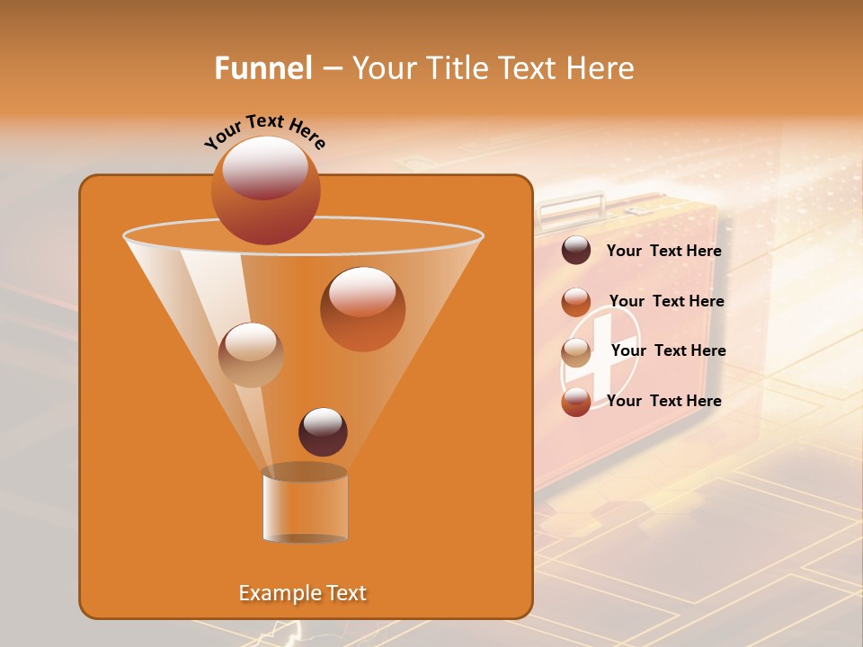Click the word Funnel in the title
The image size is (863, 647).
pyautogui.click(x=263, y=68)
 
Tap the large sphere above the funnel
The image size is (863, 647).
pyautogui.click(x=265, y=190)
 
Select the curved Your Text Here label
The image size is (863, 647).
pyautogui.click(x=264, y=129)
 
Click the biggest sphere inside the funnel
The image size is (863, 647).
pyautogui.click(x=362, y=309)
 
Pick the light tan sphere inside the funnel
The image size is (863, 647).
pyautogui.click(x=251, y=355)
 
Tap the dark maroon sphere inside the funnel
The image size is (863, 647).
pyautogui.click(x=323, y=431)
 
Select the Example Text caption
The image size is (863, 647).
pyautogui.click(x=303, y=593)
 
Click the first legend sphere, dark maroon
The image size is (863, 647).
pyautogui.click(x=576, y=251)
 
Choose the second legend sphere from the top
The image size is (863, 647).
pyautogui.click(x=576, y=302)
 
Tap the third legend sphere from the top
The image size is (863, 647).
pyautogui.click(x=576, y=352)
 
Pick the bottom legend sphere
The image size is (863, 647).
pyautogui.click(x=576, y=402)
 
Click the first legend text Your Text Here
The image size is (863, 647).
pyautogui.click(x=664, y=252)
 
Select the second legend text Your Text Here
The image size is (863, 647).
pyautogui.click(x=667, y=301)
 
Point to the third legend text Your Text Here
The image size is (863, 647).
pyautogui.click(x=669, y=350)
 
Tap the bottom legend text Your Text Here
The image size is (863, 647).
pyautogui.click(x=664, y=401)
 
